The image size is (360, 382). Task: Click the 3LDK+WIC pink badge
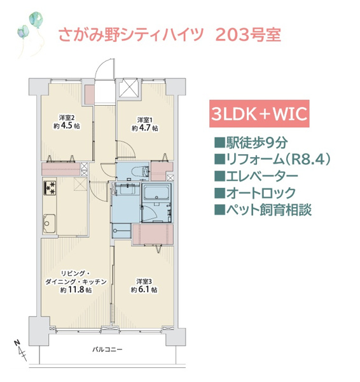tap(260, 113)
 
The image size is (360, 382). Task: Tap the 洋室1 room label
tap(145, 120)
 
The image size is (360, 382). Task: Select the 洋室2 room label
tap(67, 118)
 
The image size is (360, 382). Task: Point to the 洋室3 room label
tap(144, 281)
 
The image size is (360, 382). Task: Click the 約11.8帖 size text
tap(76, 290)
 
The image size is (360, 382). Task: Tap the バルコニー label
tap(107, 350)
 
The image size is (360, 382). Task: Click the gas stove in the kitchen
tap(50, 188)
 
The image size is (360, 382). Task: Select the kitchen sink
tap(50, 223)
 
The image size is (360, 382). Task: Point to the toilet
tap(141, 171)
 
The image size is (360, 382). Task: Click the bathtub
tap(156, 192)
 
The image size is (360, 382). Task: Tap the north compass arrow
tap(20, 350)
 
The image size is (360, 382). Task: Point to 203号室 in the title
tap(248, 35)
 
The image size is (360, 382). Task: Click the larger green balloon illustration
tap(36, 18)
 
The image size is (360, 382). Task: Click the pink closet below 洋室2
tap(61, 169)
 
